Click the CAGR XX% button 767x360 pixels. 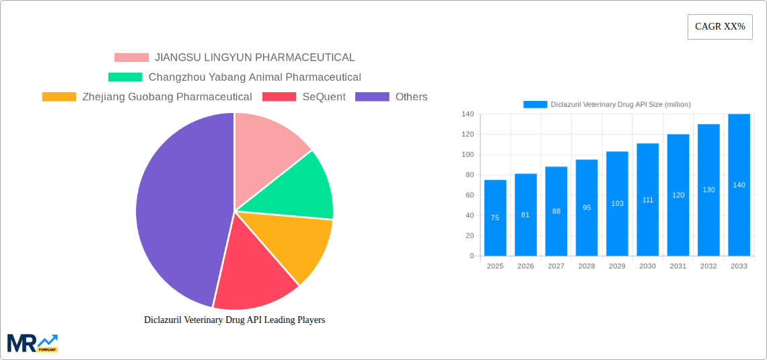click(x=719, y=27)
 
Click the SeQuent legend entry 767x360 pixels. click(x=304, y=97)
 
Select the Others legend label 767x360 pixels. click(x=411, y=97)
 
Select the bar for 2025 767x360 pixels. click(x=495, y=218)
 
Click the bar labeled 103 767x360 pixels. click(x=617, y=203)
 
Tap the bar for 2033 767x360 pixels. click(x=739, y=185)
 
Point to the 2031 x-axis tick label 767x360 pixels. click(x=678, y=266)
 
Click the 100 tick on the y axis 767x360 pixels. click(x=468, y=155)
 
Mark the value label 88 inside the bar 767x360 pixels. click(x=556, y=211)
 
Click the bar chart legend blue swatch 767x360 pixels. click(x=536, y=104)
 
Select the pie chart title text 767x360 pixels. click(x=234, y=320)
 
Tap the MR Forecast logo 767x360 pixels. click(x=32, y=343)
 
